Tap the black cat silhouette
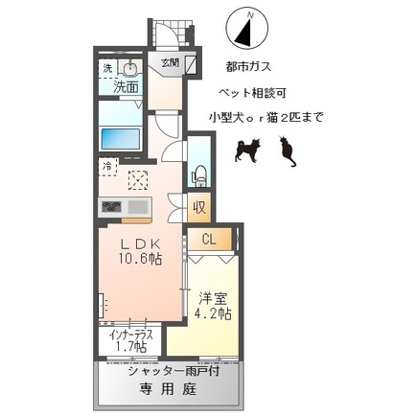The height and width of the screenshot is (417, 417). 284,151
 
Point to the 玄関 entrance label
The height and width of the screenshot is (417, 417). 169,64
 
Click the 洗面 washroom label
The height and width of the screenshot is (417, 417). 126,86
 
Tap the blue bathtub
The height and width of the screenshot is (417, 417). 122,136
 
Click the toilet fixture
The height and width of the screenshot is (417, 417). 199,174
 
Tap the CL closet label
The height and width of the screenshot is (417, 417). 209,240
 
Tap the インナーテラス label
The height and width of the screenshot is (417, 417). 130,335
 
